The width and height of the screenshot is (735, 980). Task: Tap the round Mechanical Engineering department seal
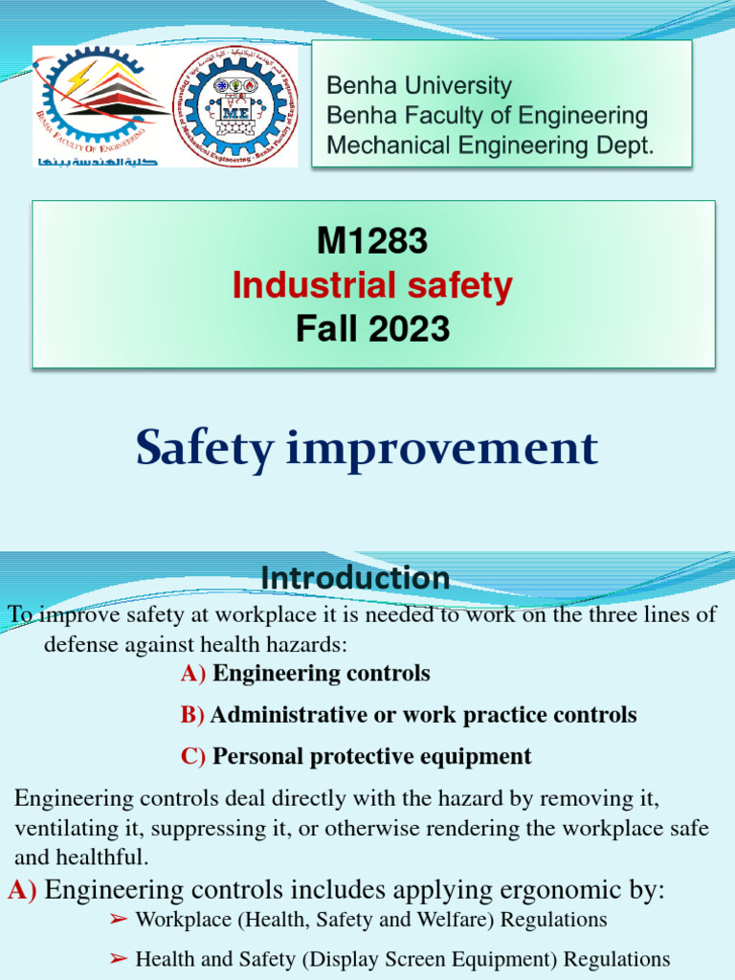point(234,105)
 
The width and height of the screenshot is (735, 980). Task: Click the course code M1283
point(372,242)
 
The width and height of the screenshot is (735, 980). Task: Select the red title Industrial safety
point(372,285)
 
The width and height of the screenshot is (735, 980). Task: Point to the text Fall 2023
point(372,329)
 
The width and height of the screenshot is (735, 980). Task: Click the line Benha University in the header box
point(419,85)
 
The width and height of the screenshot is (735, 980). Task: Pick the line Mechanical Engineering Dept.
point(490,145)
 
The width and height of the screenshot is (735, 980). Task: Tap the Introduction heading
point(355,578)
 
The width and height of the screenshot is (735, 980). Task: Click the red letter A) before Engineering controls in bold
point(192,674)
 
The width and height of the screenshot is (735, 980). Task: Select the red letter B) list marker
point(192,715)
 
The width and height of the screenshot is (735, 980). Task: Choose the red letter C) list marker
point(192,756)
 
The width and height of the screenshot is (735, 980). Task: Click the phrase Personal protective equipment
point(371,756)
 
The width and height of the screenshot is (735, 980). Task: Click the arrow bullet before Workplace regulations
point(118,920)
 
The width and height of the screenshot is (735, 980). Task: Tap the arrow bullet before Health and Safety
point(118,959)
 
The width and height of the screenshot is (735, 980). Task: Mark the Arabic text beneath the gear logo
point(96,160)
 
